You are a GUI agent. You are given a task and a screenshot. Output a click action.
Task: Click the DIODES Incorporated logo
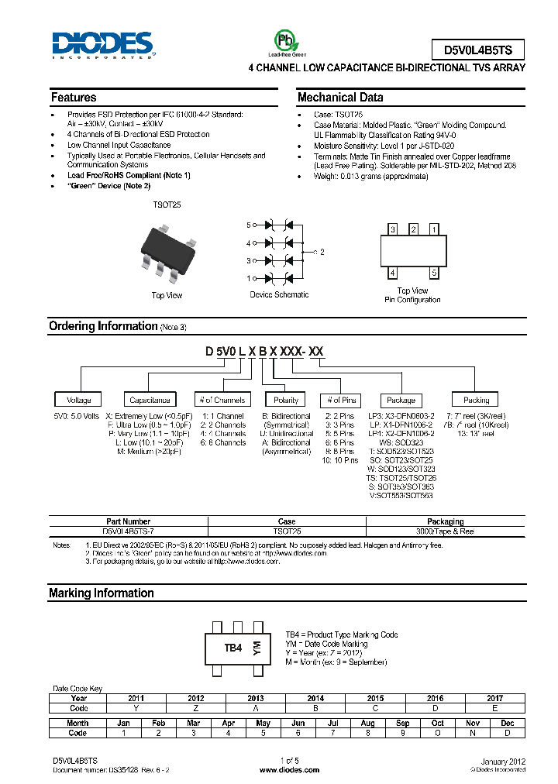click(102, 45)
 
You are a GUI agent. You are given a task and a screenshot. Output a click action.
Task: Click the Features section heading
click(74, 98)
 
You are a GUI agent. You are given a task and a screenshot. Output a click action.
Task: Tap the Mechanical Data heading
click(339, 98)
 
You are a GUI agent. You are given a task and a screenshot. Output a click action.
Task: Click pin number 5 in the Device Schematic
click(249, 225)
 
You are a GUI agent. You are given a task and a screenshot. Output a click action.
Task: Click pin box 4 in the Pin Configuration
click(393, 273)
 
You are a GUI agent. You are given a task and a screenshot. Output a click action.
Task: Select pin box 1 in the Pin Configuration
click(434, 229)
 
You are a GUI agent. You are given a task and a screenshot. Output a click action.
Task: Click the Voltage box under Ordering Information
click(78, 400)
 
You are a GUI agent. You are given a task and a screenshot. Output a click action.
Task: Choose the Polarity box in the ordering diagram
click(286, 400)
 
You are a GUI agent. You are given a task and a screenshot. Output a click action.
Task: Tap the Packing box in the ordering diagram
click(476, 400)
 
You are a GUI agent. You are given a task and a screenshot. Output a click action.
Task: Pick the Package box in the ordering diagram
click(401, 400)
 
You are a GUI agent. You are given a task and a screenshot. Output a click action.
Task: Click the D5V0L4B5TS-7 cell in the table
click(127, 531)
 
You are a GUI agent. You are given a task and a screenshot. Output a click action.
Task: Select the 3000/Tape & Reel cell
click(445, 531)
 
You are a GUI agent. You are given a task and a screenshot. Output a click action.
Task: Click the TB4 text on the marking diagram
click(233, 648)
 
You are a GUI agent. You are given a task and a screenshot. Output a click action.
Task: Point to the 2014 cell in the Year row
click(315, 698)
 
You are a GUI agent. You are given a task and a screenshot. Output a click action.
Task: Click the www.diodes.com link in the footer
click(289, 770)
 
